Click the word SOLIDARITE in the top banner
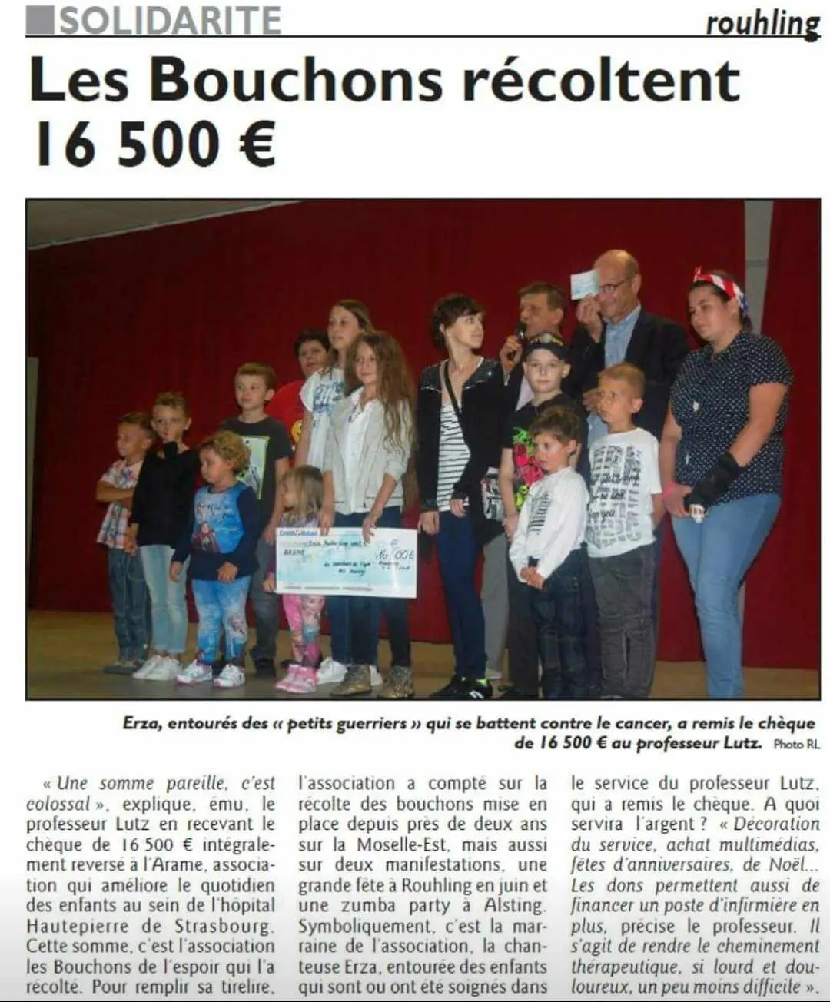[x=169, y=19]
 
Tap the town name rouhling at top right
[x=762, y=24]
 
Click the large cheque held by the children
[x=346, y=562]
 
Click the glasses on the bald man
[x=612, y=287]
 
